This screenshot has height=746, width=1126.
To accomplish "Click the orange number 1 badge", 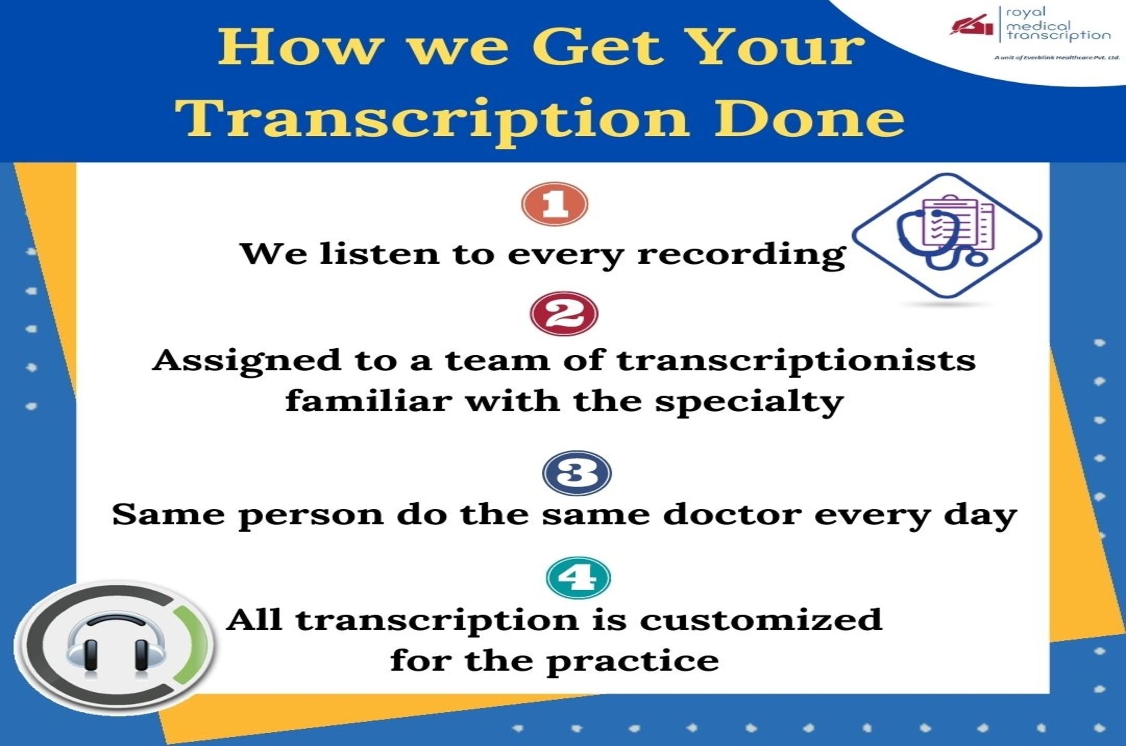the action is pos(555,204).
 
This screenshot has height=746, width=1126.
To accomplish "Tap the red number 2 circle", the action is pos(564,314).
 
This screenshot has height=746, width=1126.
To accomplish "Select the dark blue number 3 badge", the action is pos(577,474).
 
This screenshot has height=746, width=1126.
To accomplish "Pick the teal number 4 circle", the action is pos(578,578).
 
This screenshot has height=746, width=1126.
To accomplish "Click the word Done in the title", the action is pos(809,117).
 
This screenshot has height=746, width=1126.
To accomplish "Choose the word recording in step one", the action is pos(741,255).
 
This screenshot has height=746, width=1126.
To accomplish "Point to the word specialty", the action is pos(749,402).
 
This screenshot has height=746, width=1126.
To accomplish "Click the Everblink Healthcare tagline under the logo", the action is pos(1057,58).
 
